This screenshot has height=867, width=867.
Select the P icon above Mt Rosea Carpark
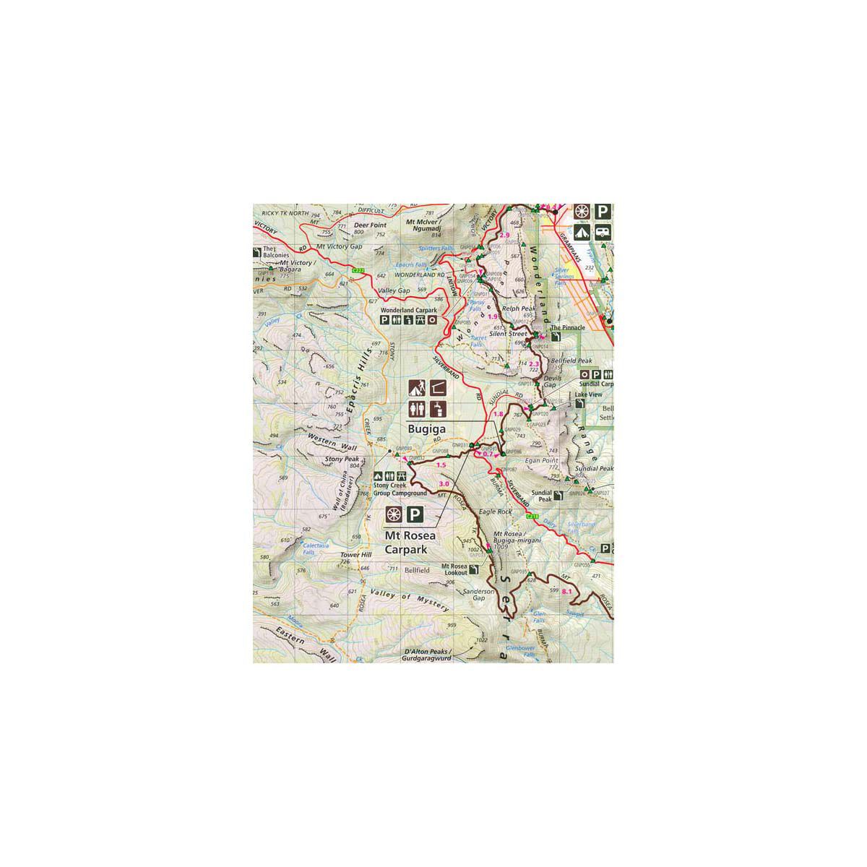414,515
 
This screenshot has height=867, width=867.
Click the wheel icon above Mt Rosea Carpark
394,515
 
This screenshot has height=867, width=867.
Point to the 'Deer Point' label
371,225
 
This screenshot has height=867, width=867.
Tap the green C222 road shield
357,270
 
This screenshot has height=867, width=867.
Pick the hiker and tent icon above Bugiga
417,388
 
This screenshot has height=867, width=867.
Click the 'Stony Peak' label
342,459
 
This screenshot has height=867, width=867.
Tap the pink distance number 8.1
566,592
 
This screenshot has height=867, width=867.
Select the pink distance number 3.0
444,483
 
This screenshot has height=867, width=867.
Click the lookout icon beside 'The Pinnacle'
555,336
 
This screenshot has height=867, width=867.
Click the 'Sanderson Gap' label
478,595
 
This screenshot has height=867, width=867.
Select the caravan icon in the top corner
603,232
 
